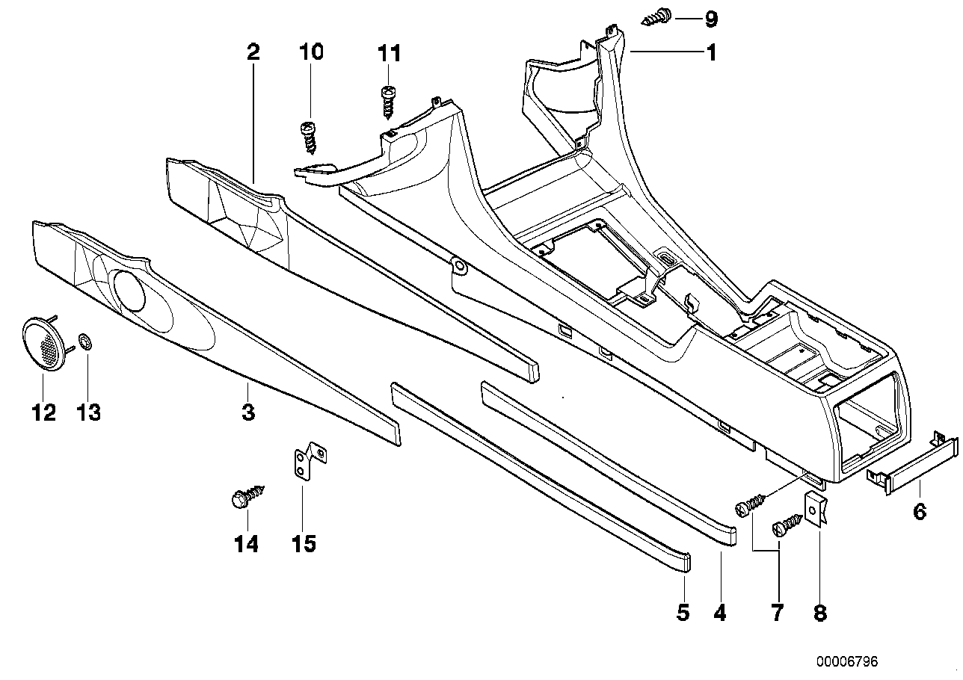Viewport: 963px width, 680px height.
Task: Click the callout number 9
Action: click(710, 17)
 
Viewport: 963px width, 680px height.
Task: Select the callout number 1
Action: click(711, 53)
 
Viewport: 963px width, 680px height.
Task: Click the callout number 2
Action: click(253, 52)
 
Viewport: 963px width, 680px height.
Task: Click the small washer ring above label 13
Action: click(86, 343)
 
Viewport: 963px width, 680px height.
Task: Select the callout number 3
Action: click(247, 411)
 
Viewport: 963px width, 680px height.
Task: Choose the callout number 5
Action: click(683, 613)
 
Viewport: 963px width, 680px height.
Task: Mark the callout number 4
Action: click(720, 613)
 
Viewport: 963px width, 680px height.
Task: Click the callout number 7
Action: click(777, 613)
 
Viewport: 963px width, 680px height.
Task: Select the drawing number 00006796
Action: click(846, 662)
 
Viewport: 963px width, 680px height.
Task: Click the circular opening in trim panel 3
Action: click(129, 291)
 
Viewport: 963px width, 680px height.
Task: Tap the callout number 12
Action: click(43, 412)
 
